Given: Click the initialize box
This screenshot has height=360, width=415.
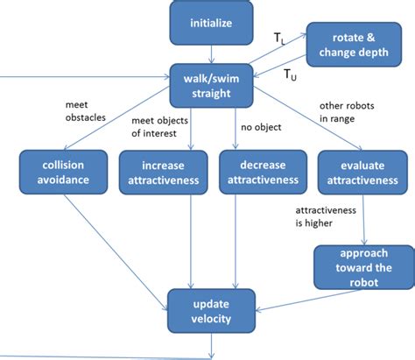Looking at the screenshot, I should coord(211,23).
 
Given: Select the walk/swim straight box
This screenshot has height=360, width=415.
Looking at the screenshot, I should coord(211,86).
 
